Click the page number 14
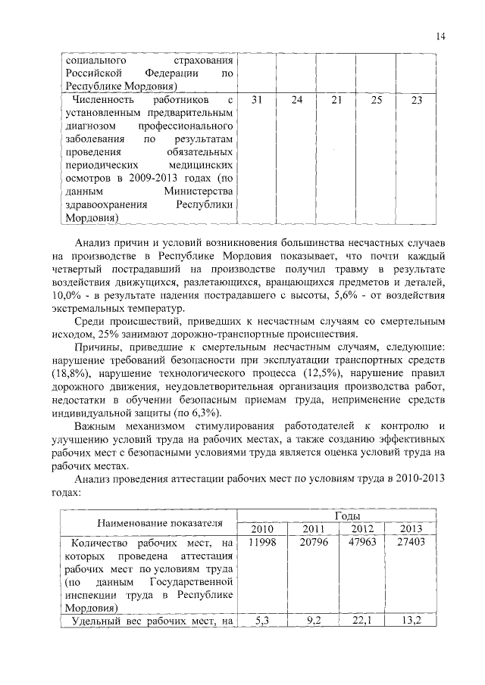(441, 36)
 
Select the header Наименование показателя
(149, 522)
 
